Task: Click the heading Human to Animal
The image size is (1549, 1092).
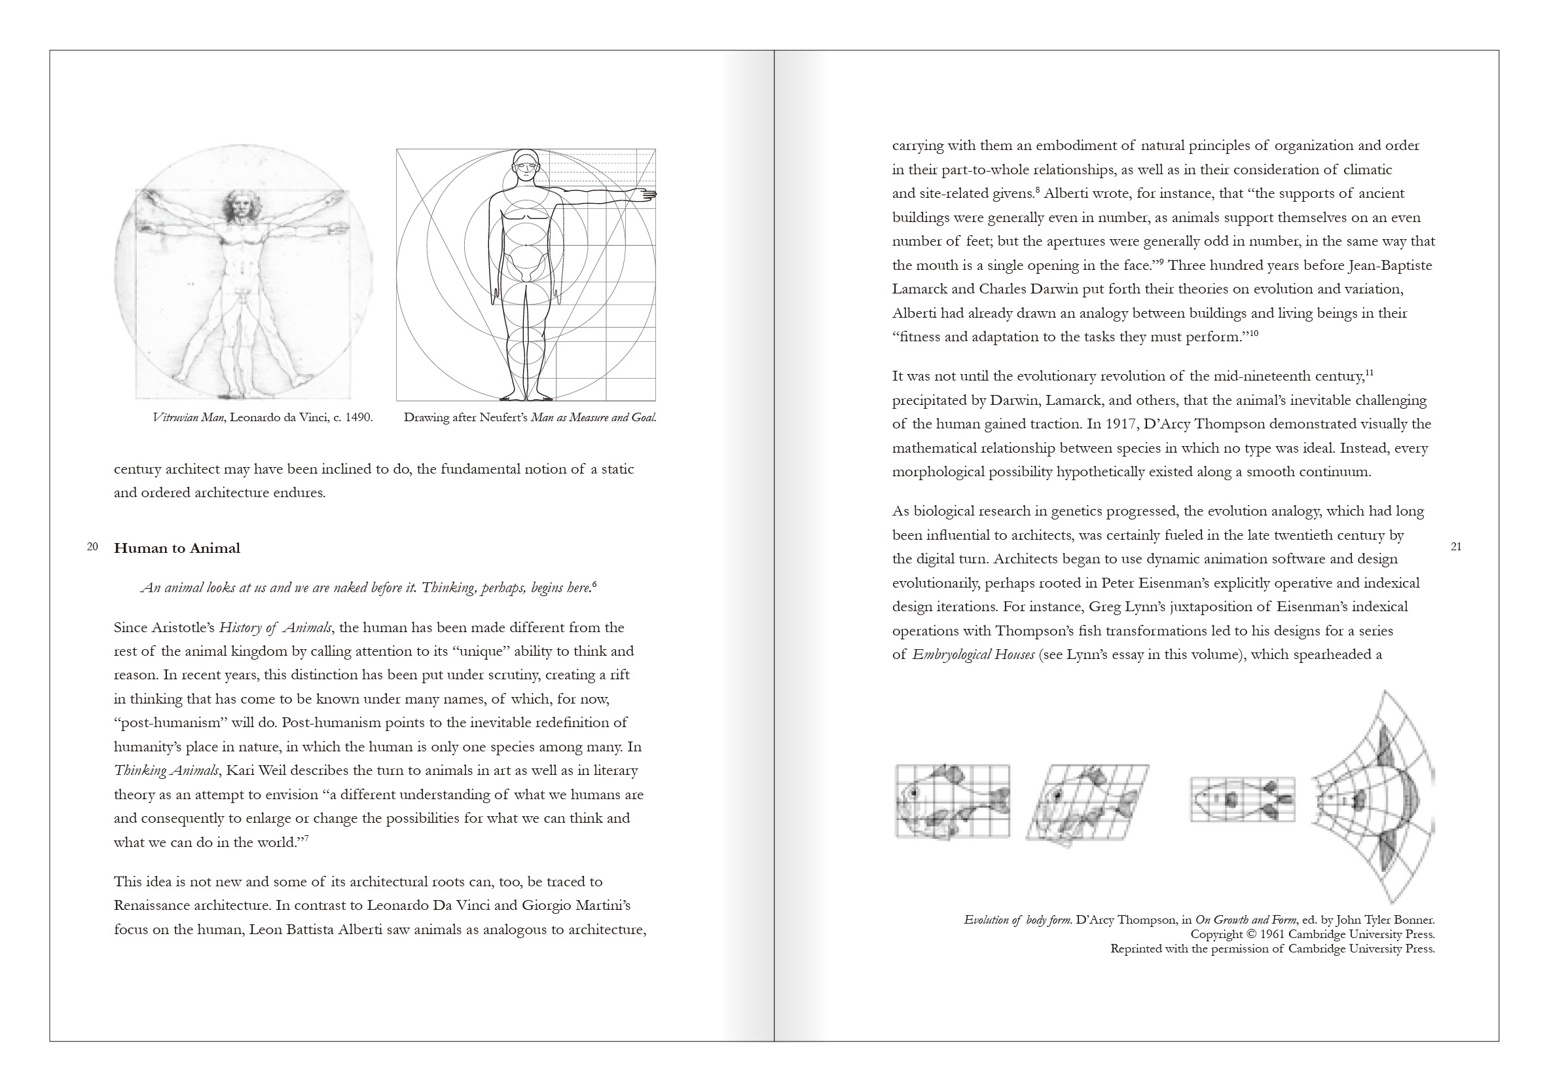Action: pyautogui.click(x=177, y=548)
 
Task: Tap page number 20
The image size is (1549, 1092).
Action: pyautogui.click(x=92, y=547)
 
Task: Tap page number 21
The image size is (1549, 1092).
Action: pyautogui.click(x=1456, y=547)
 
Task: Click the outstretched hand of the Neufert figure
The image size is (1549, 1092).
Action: pyautogui.click(x=646, y=195)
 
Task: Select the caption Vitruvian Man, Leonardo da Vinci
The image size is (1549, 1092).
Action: pyautogui.click(x=263, y=417)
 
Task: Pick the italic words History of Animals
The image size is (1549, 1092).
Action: pyautogui.click(x=275, y=628)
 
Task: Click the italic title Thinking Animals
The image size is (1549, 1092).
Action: pyautogui.click(x=167, y=771)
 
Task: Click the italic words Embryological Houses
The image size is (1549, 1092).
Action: pyautogui.click(x=973, y=654)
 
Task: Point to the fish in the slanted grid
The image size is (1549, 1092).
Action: pyautogui.click(x=1086, y=804)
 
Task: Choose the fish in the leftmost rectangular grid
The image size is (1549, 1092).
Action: pyautogui.click(x=953, y=802)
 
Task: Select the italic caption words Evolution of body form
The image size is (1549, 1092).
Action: pyautogui.click(x=1018, y=920)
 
